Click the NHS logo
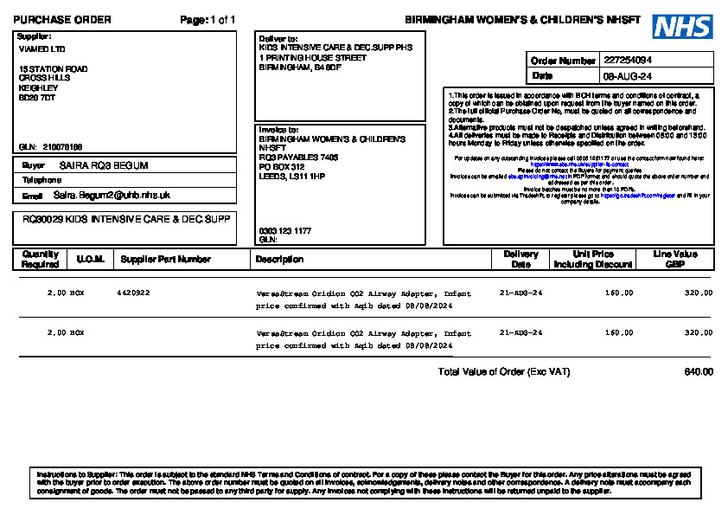pos(682,27)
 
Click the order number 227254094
pos(628,61)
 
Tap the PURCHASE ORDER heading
pos(62,20)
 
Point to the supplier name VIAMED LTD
pos(42,49)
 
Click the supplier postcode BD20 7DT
pos(37,98)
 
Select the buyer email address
pos(112,196)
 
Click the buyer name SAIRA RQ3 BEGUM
pos(104,165)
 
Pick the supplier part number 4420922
pos(133,293)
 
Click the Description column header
pos(279,259)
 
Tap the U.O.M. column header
pos(90,259)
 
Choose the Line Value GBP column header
pos(674,259)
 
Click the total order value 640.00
pos(699,372)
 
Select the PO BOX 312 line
pos(282,167)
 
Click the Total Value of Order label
pos(504,372)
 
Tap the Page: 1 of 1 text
pos(208,20)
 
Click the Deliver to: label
pos(278,39)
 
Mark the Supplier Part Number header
pos(165,259)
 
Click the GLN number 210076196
pos(62,146)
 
